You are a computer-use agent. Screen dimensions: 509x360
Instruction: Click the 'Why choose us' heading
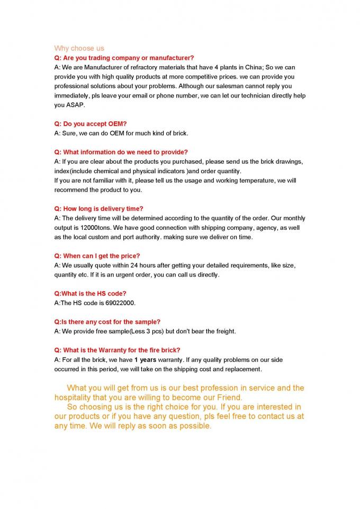pos(79,48)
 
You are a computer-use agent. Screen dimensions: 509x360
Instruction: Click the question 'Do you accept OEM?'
pos(91,124)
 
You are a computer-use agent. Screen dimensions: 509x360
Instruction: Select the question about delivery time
pos(98,209)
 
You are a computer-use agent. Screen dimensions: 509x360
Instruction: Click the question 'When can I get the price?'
pos(97,256)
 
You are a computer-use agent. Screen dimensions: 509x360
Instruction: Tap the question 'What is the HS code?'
pos(90,293)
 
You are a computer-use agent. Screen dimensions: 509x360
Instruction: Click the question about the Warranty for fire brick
pos(117,350)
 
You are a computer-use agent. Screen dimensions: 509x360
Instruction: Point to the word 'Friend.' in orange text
pos(229,397)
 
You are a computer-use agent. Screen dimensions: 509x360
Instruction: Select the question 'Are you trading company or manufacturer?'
pos(124,58)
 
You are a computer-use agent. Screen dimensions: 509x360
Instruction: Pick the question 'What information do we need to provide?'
pos(121,152)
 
